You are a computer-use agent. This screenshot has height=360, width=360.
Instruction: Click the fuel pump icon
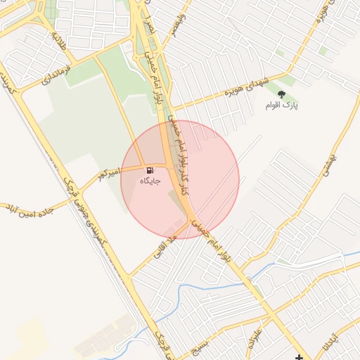pos(150,170)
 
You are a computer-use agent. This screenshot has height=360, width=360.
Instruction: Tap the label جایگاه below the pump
pos(150,181)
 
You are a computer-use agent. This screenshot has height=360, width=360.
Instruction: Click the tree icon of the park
pos(281,94)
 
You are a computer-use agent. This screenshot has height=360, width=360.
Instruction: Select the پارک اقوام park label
pos(281,105)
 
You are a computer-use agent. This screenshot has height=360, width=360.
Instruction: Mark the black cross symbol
pos(300,357)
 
